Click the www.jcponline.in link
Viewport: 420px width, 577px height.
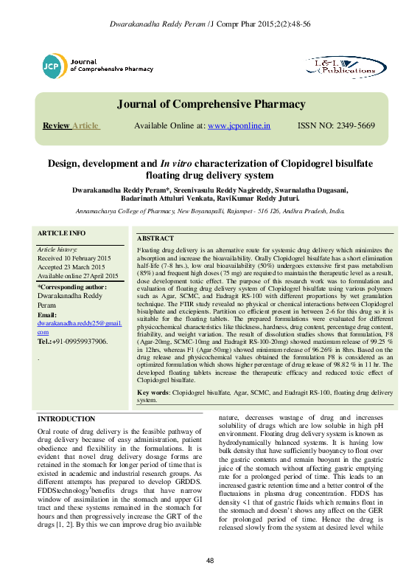(x=239, y=126)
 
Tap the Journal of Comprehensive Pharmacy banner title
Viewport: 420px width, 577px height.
(x=210, y=104)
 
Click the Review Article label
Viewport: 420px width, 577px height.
(x=71, y=126)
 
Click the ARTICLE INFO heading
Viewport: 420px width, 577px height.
(x=61, y=233)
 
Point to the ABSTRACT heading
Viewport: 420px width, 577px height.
(x=155, y=239)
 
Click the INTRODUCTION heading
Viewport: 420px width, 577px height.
(x=66, y=419)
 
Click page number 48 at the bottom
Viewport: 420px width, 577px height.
(x=210, y=562)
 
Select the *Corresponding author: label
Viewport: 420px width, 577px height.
(x=72, y=286)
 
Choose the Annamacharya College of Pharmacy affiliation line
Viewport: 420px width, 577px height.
(x=210, y=210)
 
